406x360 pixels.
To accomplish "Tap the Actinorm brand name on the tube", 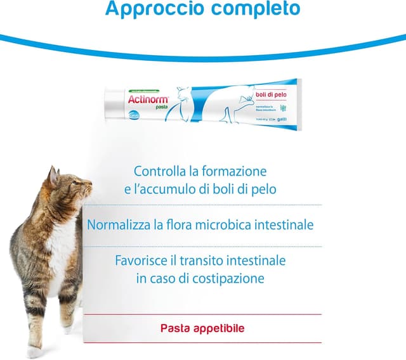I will (x=147, y=99).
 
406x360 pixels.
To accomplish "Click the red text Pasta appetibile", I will (x=202, y=328).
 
